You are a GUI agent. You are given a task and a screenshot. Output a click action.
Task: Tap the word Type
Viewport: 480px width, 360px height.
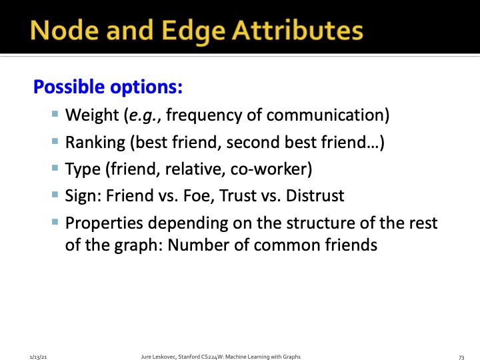(x=81, y=169)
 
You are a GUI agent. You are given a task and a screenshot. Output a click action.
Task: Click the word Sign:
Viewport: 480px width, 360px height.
(x=82, y=196)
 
